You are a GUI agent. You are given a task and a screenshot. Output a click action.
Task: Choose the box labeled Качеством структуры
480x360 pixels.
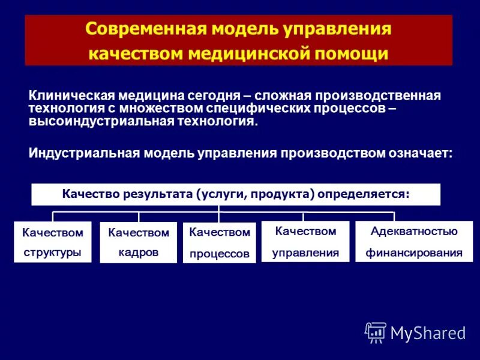[53, 242]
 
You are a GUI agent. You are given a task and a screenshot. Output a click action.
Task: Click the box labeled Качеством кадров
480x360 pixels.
[139, 243]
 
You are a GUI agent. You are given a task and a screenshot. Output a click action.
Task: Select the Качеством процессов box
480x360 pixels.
[220, 243]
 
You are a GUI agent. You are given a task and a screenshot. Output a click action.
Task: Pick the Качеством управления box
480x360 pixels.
[305, 241]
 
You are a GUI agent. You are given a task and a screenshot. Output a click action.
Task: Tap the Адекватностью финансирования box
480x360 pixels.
[414, 241]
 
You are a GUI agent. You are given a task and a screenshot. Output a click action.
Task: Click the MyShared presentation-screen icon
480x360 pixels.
[376, 332]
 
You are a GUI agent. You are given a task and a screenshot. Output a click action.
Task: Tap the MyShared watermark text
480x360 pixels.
[428, 333]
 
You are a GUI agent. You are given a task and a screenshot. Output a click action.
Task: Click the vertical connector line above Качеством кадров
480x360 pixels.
[139, 217]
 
